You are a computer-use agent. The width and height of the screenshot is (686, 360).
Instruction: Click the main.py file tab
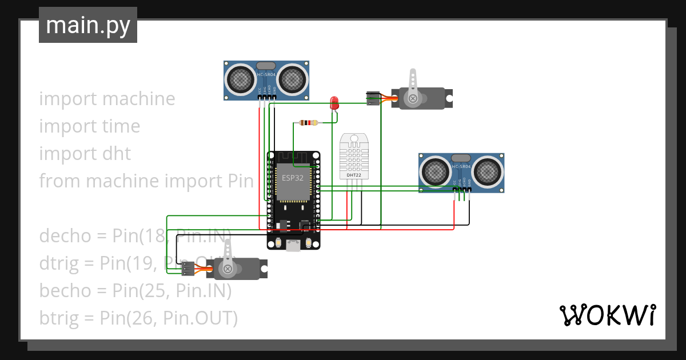click(x=87, y=25)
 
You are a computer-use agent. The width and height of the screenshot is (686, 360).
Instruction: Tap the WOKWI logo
click(x=607, y=315)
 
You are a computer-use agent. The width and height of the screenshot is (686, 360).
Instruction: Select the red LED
click(x=334, y=103)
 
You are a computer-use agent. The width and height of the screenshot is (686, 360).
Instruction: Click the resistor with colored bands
click(x=309, y=123)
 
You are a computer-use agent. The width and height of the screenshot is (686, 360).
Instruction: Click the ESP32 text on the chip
click(x=293, y=178)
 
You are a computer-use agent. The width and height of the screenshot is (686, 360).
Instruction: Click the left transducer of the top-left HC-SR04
click(x=241, y=78)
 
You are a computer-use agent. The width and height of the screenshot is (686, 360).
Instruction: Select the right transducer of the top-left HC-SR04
click(x=292, y=78)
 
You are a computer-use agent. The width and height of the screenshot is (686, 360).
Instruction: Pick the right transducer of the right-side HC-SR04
click(x=486, y=170)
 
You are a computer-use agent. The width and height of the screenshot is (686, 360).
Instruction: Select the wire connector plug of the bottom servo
click(x=187, y=269)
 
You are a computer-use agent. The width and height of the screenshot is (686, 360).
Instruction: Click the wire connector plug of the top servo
click(x=372, y=98)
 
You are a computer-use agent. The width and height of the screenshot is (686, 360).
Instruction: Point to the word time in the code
click(x=118, y=126)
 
